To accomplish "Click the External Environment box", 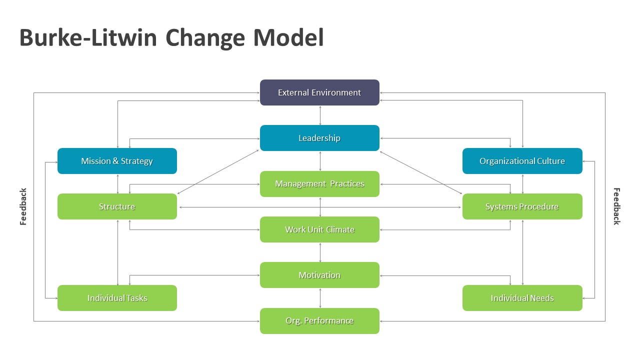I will pos(319,92).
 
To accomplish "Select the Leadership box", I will pos(319,138).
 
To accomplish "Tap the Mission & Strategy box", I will pos(117,161).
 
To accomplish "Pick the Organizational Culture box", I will pos(522,161).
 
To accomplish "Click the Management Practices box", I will pos(319,184).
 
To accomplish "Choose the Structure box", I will pos(117,206).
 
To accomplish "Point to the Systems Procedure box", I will pos(522,206).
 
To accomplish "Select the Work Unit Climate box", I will pos(319,229).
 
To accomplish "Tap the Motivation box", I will pos(319,275).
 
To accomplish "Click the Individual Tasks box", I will pos(117,298).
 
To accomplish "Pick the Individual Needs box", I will pos(522,298).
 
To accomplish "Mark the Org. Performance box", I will pos(319,321).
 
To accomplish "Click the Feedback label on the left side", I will pos(23,206).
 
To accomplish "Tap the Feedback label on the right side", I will pos(616,206).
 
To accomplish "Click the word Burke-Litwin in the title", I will pos(88,38).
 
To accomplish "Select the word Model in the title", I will pos(288,38).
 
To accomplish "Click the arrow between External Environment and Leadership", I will pos(320,115).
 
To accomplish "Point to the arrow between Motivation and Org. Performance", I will pos(320,298).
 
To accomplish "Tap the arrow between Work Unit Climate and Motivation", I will pos(320,252).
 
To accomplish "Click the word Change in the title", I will pos(205,38).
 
